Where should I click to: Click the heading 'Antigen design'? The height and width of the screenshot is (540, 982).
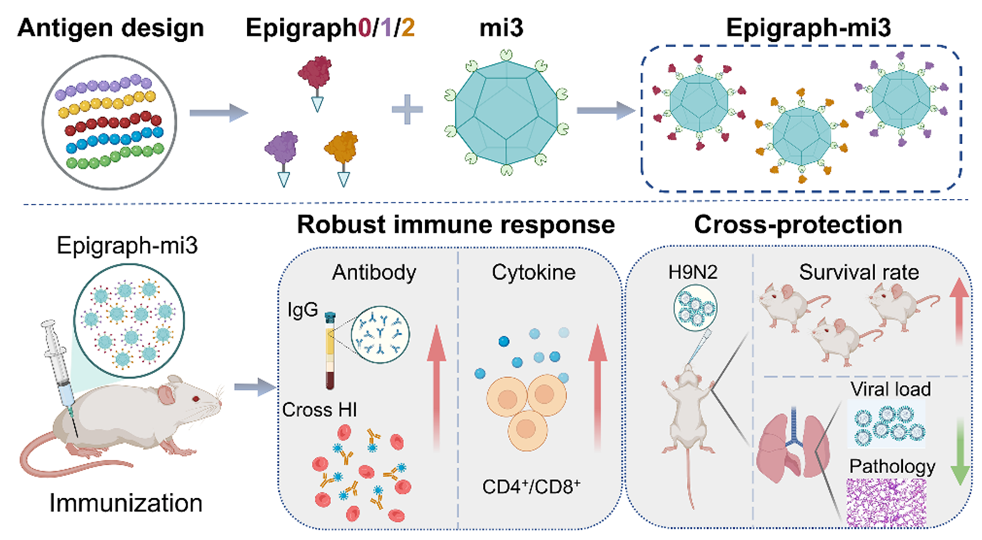pos(110,28)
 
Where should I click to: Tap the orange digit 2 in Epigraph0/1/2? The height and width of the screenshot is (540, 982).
pos(408,28)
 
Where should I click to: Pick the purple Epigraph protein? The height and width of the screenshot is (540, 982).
pos(282,148)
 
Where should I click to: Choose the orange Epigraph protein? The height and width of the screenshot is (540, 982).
pos(341,148)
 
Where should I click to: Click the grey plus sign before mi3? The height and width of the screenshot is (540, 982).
pos(407,110)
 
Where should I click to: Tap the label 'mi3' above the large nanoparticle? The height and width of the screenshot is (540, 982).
pos(501,28)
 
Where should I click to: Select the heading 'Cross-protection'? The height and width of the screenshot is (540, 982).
pos(798,225)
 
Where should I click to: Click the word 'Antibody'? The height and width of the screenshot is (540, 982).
pos(374,272)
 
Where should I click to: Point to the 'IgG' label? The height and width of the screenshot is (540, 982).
pos(303,309)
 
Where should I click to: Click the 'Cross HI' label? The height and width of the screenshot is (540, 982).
pos(319,409)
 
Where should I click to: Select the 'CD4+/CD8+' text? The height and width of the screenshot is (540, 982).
pos(531,487)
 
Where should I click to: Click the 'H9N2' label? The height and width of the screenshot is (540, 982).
pos(692,272)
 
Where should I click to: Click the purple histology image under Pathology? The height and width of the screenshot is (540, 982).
pos(886,503)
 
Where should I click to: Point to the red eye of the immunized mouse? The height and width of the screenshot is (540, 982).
pos(196,399)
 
